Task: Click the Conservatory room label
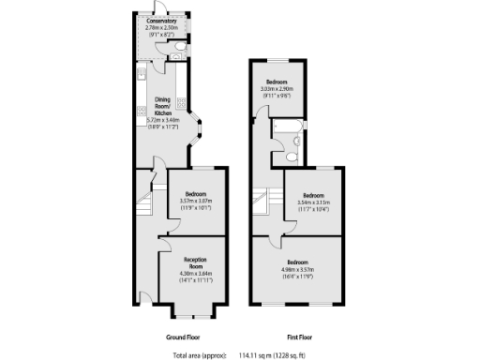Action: pyautogui.click(x=161, y=21)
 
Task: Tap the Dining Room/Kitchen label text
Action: pyautogui.click(x=161, y=106)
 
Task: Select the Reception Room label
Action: pyautogui.click(x=194, y=262)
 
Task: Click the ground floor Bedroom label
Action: pyautogui.click(x=194, y=193)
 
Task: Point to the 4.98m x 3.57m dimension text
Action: pyautogui.click(x=297, y=268)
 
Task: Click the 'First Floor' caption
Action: pyautogui.click(x=299, y=336)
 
